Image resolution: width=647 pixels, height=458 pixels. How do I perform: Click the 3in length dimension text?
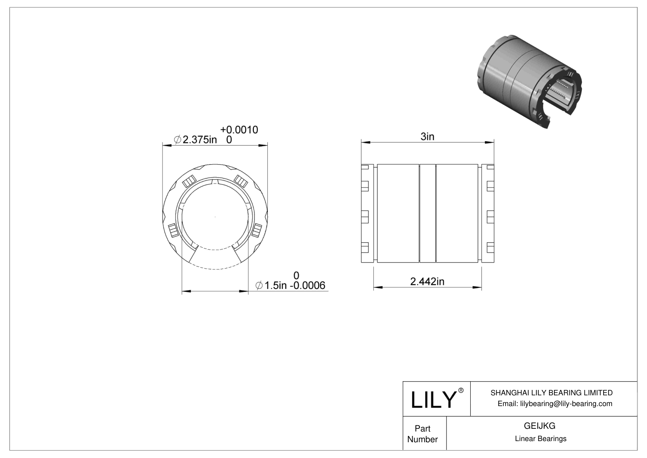tap(427, 137)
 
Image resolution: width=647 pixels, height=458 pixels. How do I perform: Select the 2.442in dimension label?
tap(427, 281)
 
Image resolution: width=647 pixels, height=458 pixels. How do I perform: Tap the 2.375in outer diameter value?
tap(199, 140)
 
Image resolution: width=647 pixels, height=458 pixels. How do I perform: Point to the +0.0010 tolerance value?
tap(239, 130)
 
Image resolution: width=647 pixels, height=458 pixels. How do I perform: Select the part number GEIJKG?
tap(539, 426)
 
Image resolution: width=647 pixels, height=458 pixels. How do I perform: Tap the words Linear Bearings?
tap(541, 439)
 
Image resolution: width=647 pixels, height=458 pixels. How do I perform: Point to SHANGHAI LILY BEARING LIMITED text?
tap(551, 393)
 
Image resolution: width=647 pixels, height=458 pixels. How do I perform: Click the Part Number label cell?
tap(423, 434)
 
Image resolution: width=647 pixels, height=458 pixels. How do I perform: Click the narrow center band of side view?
tap(428, 213)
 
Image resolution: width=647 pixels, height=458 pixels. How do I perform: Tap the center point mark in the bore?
tap(215, 218)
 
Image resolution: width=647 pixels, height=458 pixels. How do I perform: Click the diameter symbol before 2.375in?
tap(178, 140)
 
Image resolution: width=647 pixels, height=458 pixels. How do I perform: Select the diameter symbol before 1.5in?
tap(259, 285)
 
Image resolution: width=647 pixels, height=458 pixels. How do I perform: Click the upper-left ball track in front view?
tap(189, 181)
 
